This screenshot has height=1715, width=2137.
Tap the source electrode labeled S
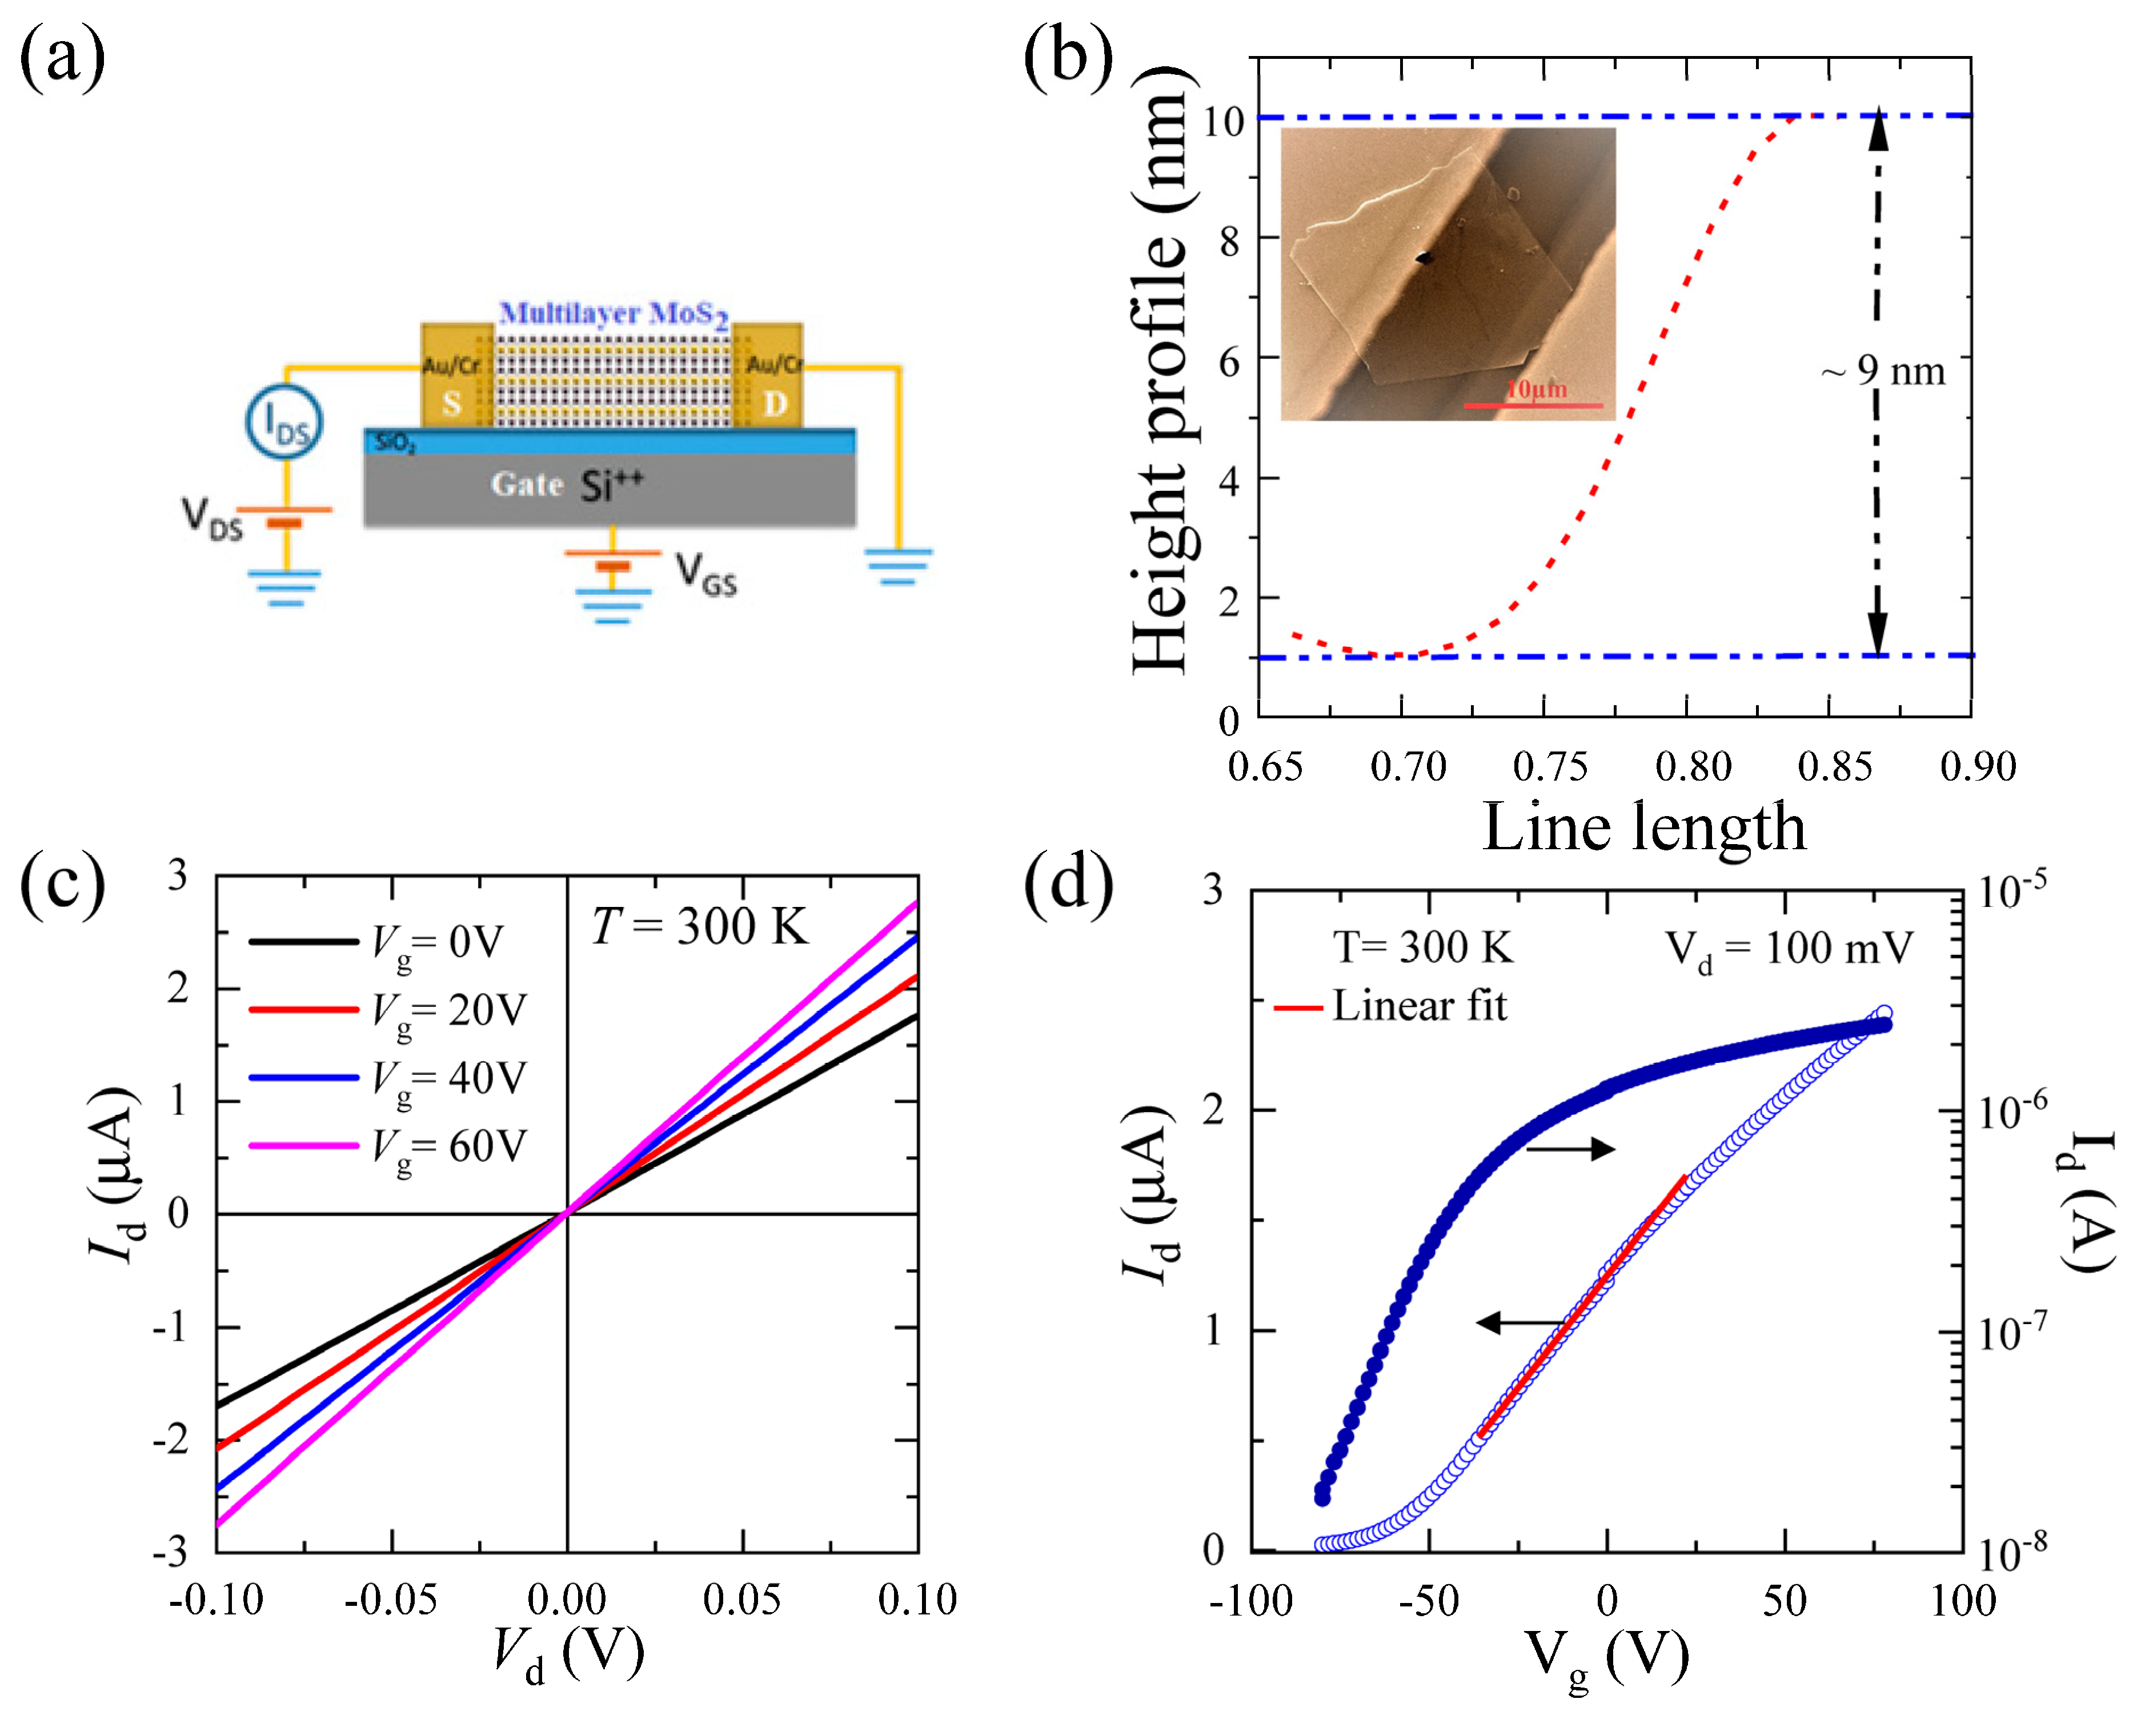(x=452, y=402)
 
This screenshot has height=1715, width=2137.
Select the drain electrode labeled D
(x=775, y=402)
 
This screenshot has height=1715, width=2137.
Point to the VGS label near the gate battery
(x=705, y=574)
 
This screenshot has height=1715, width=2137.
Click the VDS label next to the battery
(x=212, y=518)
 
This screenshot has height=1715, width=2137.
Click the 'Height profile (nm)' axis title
(x=1160, y=372)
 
